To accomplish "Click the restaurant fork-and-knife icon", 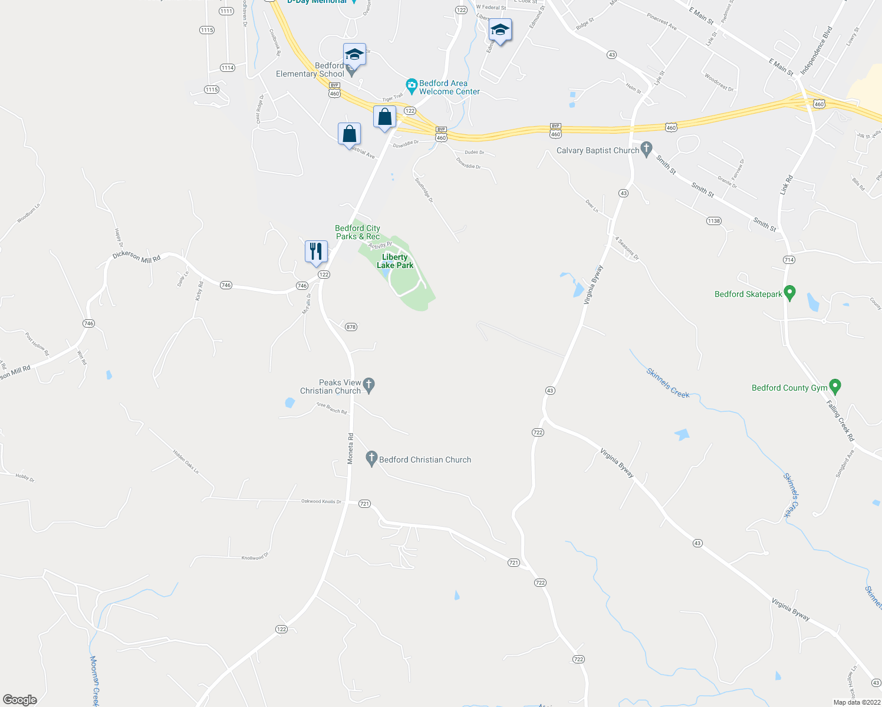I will pyautogui.click(x=316, y=252).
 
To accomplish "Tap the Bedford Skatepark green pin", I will pyautogui.click(x=790, y=292).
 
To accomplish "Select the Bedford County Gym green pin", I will pyautogui.click(x=835, y=386).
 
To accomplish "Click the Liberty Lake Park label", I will pyautogui.click(x=395, y=261).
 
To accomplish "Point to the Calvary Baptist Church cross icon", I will pyautogui.click(x=647, y=149).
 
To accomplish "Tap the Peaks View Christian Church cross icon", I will pyautogui.click(x=369, y=385).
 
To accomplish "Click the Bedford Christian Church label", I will pyautogui.click(x=425, y=460).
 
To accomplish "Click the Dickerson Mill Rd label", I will pyautogui.click(x=136, y=257).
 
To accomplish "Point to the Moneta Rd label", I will pyautogui.click(x=350, y=448).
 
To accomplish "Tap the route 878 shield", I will pyautogui.click(x=351, y=327).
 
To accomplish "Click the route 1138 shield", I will pyautogui.click(x=713, y=221).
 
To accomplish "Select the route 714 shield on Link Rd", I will pyautogui.click(x=789, y=260).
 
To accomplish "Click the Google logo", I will pyautogui.click(x=20, y=700).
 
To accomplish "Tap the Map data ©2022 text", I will pyautogui.click(x=857, y=702).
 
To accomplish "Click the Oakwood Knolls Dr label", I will pyautogui.click(x=321, y=501).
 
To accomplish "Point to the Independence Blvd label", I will pyautogui.click(x=817, y=51).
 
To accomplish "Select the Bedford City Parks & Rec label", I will pyautogui.click(x=357, y=232).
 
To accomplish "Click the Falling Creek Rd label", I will pyautogui.click(x=840, y=421).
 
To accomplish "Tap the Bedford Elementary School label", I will pyautogui.click(x=311, y=70).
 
